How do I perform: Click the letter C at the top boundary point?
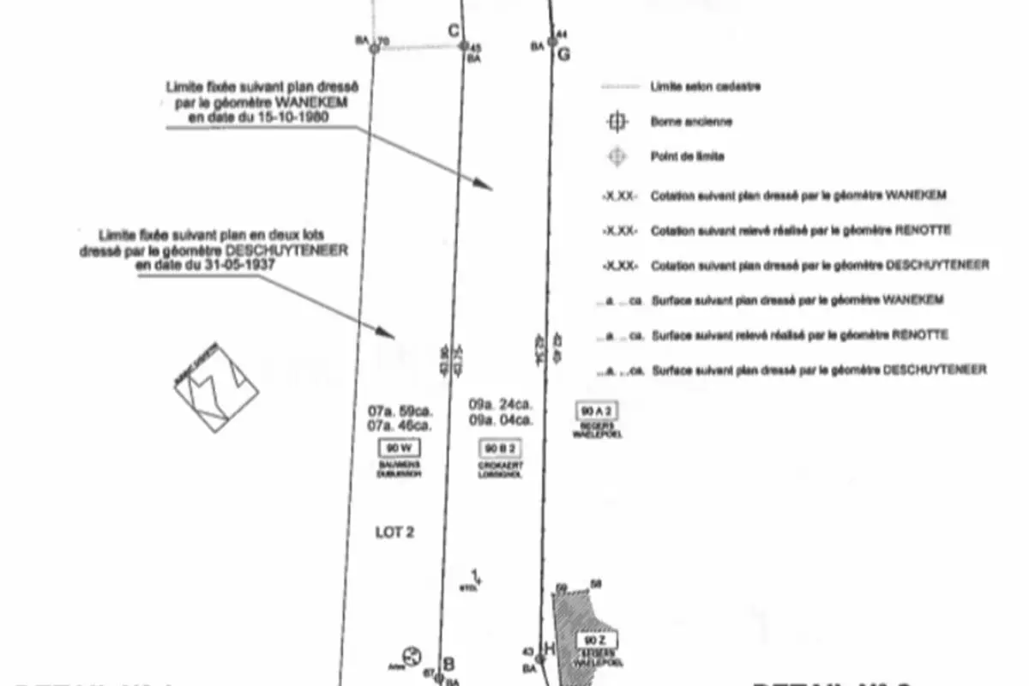[454, 32]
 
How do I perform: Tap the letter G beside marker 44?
[563, 55]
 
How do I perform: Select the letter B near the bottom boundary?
[448, 663]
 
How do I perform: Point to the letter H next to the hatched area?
[549, 647]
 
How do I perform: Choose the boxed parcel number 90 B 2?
[501, 448]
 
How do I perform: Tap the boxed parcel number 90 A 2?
[599, 410]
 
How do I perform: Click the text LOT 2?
[395, 533]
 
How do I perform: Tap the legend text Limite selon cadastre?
[706, 87]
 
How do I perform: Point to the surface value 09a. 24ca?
[501, 402]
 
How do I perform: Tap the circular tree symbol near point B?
[411, 656]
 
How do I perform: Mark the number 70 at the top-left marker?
[383, 40]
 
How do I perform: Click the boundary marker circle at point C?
[464, 46]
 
